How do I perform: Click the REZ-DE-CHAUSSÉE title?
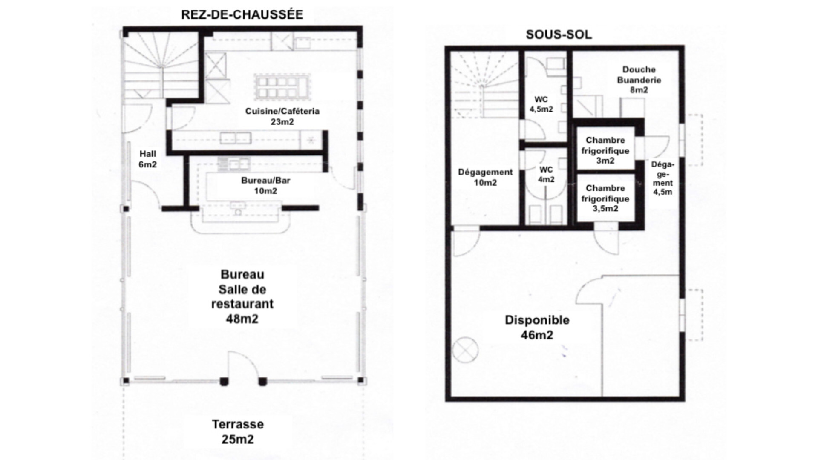(x=242, y=15)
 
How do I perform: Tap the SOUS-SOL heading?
(x=559, y=35)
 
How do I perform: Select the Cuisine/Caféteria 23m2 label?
(x=282, y=116)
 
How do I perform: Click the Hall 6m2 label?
(x=147, y=159)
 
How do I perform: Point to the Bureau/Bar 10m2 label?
(x=265, y=185)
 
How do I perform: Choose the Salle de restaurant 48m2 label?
(x=242, y=296)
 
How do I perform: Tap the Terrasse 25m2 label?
(x=238, y=431)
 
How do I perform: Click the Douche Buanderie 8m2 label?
(x=639, y=79)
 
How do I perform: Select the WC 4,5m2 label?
(x=541, y=104)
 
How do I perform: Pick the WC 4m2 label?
(x=546, y=175)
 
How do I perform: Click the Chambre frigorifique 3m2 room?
(x=605, y=150)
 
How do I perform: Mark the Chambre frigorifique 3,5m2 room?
(x=605, y=198)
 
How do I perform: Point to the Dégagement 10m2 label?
(x=485, y=177)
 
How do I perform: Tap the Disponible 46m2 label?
(x=537, y=327)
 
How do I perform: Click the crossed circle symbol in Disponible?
(x=465, y=350)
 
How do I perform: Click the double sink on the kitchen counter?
(x=235, y=138)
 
